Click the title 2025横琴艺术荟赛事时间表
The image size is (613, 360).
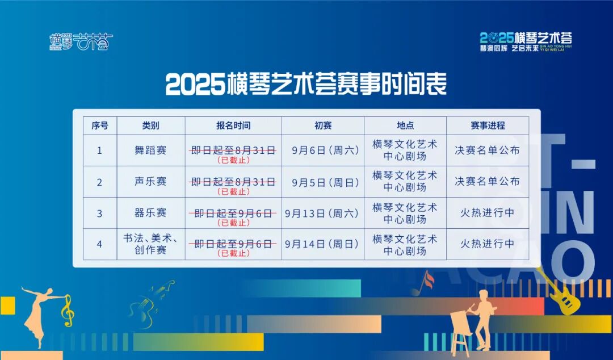coord(306,85)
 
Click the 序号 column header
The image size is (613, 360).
coord(100,125)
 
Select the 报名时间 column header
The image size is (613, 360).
coord(233,125)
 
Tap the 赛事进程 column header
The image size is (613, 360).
coord(488,125)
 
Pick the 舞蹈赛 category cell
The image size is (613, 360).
coord(151,150)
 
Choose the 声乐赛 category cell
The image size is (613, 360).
coord(151,182)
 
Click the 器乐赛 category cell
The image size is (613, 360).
coord(151,213)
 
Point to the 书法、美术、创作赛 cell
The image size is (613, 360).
coord(151,244)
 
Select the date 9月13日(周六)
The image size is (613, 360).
coord(322,213)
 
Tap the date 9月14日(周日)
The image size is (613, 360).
coord(322,244)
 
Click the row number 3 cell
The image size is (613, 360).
coord(100,214)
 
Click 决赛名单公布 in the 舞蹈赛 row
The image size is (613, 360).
coord(488,150)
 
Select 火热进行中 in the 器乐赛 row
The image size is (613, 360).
coord(488,213)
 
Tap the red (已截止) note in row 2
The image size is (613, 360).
coord(233,191)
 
